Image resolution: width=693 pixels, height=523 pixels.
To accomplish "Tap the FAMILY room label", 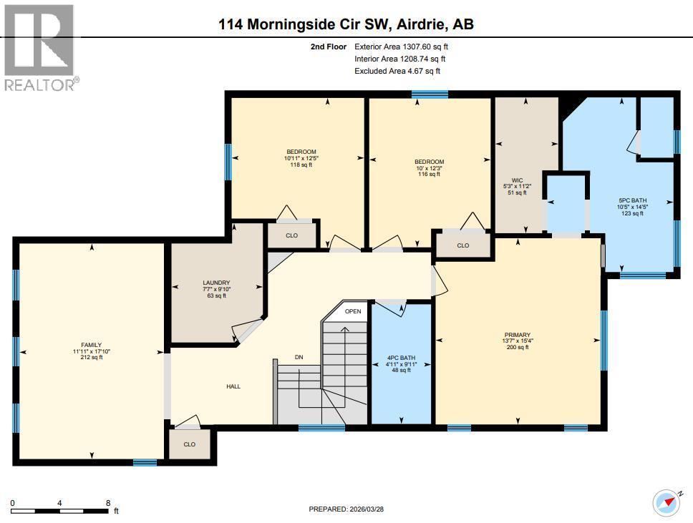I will point(91,351).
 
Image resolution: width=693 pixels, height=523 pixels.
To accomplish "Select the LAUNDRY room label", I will point(215,288).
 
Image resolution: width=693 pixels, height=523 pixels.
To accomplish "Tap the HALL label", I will point(233,386).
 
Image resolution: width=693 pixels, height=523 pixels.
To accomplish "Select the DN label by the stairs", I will point(299,358).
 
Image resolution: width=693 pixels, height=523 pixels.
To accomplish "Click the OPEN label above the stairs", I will point(353,311).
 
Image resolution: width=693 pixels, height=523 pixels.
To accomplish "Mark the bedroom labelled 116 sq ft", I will point(429,167).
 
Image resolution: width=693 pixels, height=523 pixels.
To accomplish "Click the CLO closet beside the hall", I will point(189,444).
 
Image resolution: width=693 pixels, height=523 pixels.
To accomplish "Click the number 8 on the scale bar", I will point(107,502).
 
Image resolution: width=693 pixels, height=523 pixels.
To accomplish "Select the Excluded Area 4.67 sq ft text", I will point(397,70).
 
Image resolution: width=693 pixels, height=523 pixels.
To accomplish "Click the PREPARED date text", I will point(346,509).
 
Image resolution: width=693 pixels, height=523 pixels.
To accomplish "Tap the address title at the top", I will point(346,24).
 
